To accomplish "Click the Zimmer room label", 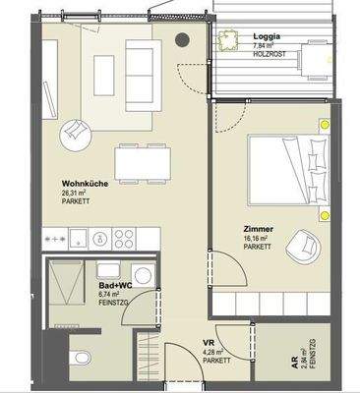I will coord(259,228).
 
